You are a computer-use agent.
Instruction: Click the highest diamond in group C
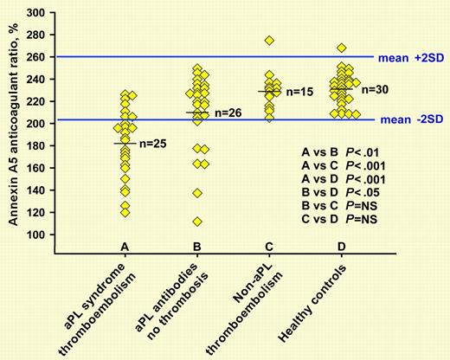click(x=269, y=41)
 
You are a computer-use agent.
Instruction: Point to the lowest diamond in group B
click(x=197, y=222)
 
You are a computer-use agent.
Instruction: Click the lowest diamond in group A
click(x=125, y=212)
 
